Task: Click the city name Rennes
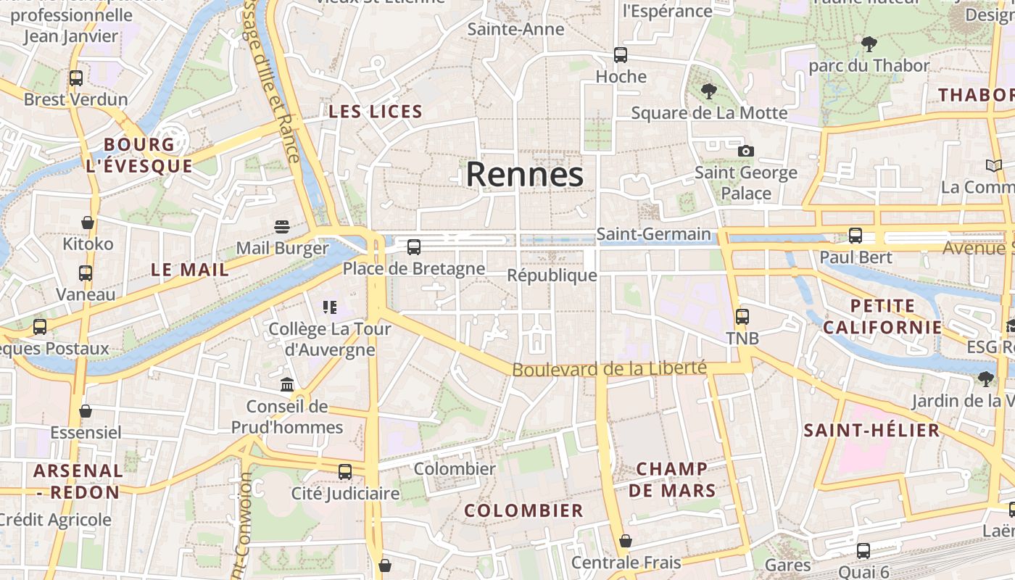(524, 175)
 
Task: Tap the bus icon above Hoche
(620, 55)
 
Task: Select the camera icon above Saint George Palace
(745, 151)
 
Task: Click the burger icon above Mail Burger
(281, 226)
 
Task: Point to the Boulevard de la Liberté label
(609, 369)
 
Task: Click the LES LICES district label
(375, 112)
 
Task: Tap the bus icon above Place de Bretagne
(413, 247)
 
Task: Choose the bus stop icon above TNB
(742, 317)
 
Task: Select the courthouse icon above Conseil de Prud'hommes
(287, 384)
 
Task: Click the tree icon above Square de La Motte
(708, 91)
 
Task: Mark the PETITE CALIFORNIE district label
(882, 316)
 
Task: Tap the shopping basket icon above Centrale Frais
(625, 541)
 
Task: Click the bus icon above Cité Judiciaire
(344, 472)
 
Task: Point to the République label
(552, 275)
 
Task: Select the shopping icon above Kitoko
(88, 223)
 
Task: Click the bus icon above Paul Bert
(855, 236)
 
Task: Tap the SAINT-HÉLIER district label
(871, 431)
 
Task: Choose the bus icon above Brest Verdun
(75, 78)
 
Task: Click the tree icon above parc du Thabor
(868, 44)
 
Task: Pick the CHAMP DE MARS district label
(671, 479)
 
